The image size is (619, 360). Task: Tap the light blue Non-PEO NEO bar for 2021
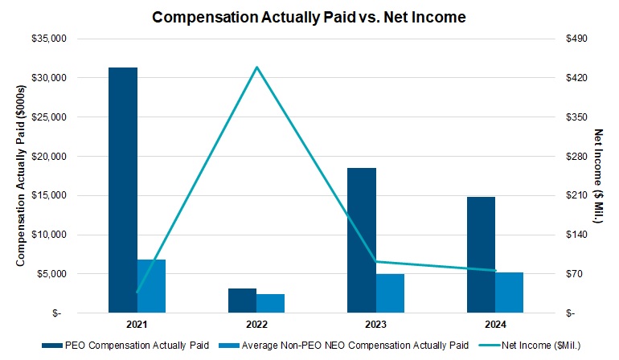click(151, 286)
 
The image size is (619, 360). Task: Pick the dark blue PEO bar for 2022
click(242, 300)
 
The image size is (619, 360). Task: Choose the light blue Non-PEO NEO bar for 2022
click(270, 303)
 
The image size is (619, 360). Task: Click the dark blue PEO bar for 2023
click(361, 240)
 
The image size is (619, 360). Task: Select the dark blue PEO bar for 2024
click(481, 255)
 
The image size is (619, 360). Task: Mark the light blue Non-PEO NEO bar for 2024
click(509, 292)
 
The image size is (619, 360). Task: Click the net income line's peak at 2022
click(256, 67)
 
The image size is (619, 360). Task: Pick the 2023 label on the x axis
click(375, 325)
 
